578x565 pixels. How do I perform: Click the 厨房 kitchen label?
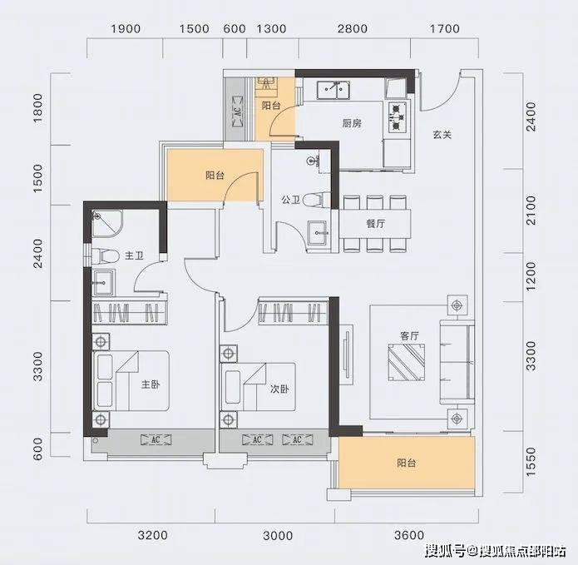coord(352,123)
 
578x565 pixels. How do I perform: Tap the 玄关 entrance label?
coord(442,135)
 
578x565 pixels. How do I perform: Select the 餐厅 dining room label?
coord(376,224)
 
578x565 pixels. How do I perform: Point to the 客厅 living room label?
coord(409,335)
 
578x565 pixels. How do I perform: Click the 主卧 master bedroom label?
coord(151,384)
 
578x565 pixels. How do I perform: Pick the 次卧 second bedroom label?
coord(279,389)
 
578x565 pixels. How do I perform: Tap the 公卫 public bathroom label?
coord(291,200)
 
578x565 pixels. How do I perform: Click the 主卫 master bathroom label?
coord(134,255)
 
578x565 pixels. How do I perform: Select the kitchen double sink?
coord(333,90)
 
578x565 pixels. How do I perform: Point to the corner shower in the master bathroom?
coord(107,224)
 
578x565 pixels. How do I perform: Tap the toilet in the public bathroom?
coord(313,200)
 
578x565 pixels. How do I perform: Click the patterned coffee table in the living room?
coord(406,362)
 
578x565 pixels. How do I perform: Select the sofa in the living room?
coord(457,362)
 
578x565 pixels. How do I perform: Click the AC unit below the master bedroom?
coord(156,439)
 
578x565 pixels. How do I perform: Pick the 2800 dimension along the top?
coord(353,29)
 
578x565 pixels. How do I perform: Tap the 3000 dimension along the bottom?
coord(278,536)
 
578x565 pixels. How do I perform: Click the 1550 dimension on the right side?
coord(531,461)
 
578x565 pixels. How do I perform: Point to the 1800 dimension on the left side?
coord(38,108)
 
